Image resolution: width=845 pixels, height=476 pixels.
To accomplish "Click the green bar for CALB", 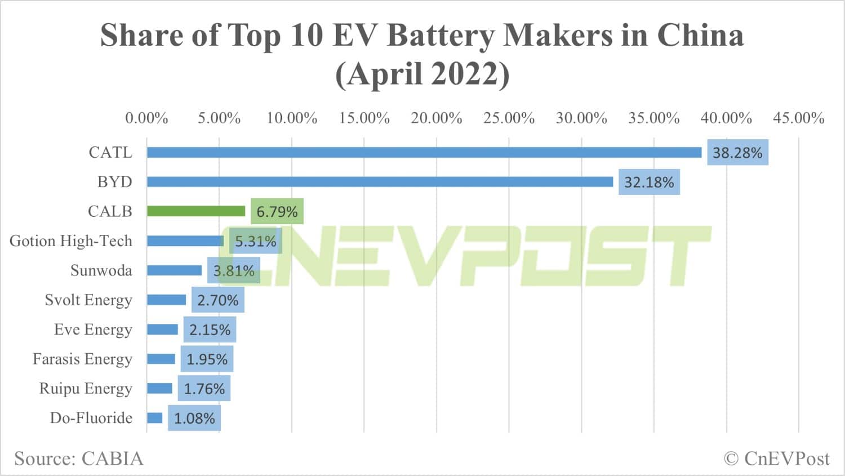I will [196, 211].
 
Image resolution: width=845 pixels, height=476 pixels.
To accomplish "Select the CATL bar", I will [424, 153].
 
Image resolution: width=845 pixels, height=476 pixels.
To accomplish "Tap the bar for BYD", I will [380, 182].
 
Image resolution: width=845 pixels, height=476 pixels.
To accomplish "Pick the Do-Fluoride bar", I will [155, 418].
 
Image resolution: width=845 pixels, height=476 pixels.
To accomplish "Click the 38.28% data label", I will [737, 153].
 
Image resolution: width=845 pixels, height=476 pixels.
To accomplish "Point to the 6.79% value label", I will [277, 212].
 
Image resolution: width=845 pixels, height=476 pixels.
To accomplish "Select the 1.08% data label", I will [194, 419].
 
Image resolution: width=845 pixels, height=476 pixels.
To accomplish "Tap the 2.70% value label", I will [217, 300].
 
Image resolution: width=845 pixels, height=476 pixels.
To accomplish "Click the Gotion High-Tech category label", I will [71, 241].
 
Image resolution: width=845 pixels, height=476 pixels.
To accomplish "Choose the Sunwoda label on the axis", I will [101, 270].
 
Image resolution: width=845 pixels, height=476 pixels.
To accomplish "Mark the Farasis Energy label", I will [82, 359].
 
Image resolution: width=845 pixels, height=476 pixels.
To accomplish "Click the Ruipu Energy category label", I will [86, 389].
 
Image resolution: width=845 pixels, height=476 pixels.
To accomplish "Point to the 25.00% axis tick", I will [509, 118].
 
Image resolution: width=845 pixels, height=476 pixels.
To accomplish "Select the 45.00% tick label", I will [798, 118].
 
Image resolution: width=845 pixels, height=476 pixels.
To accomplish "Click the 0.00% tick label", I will [146, 118].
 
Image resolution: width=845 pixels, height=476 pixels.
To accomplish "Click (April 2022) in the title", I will [422, 74].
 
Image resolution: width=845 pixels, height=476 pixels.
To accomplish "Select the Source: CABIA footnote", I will [79, 459].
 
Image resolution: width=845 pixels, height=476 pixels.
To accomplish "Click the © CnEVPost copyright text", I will [777, 459].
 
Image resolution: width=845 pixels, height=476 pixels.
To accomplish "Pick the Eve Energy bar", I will [162, 330].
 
